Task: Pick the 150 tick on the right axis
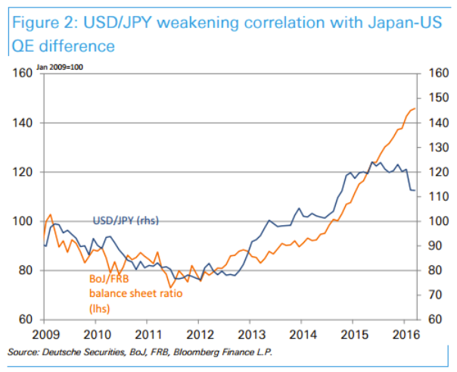pos(437,98)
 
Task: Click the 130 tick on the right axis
pos(437,147)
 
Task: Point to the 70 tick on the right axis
pos(434,295)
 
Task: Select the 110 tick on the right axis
pos(437,196)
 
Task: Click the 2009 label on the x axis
pos(46,334)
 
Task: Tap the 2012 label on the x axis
pos(198,334)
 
